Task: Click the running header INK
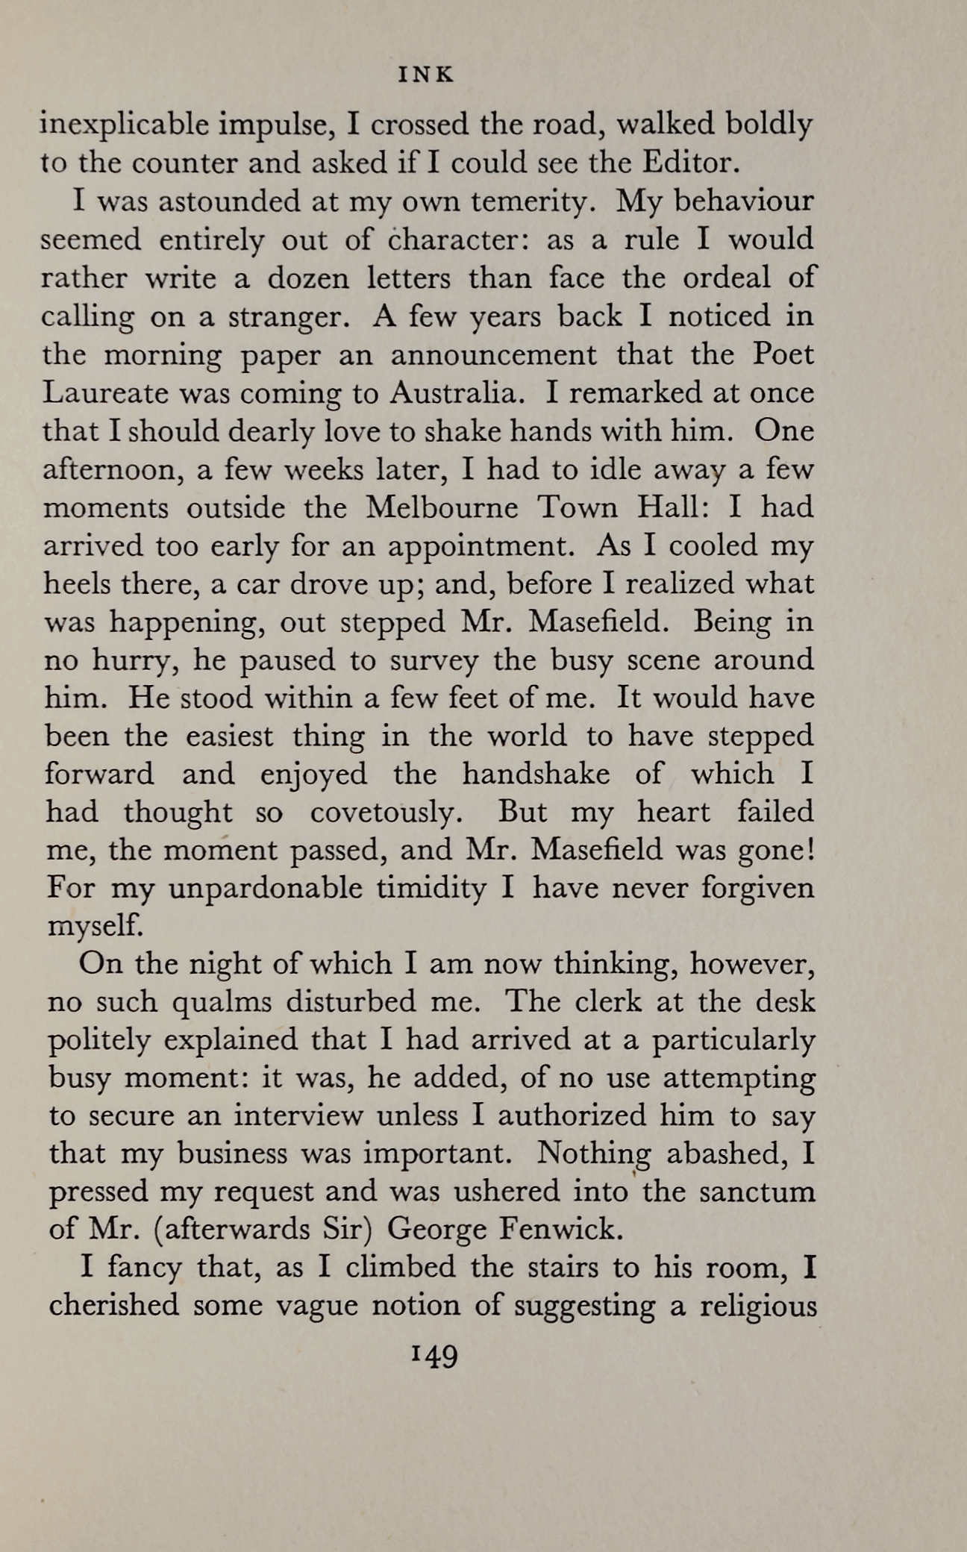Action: (x=426, y=75)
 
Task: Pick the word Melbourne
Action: (x=442, y=508)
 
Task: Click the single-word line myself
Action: (x=94, y=927)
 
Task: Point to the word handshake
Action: (x=535, y=774)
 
